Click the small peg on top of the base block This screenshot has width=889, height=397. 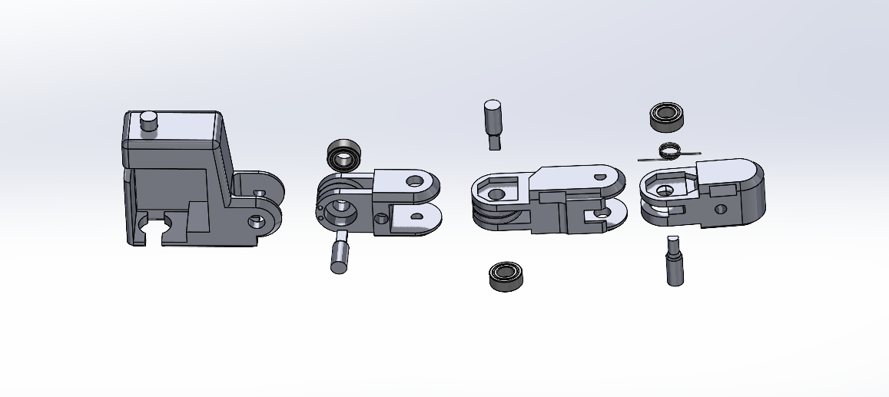click(149, 121)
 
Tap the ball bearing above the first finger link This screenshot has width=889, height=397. click(345, 156)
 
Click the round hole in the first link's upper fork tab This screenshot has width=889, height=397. click(416, 182)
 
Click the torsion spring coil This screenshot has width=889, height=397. click(671, 150)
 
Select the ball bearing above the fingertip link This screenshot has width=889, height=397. click(667, 116)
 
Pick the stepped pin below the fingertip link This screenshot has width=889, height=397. click(674, 260)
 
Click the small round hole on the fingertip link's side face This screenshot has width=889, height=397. click(720, 209)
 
